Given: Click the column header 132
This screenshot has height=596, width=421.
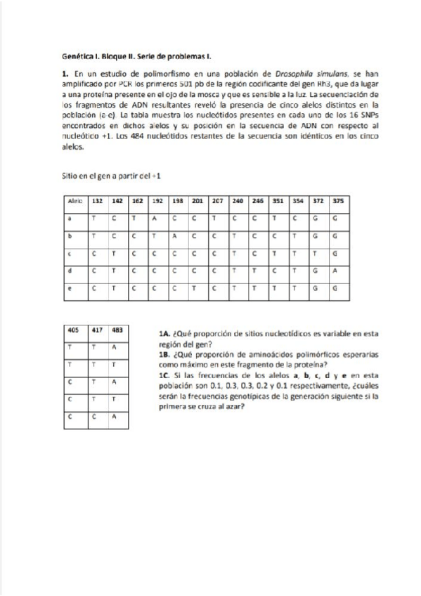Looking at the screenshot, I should [x=97, y=200].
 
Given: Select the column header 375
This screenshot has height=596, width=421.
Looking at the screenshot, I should [x=338, y=200].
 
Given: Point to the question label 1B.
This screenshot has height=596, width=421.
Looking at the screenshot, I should [x=165, y=355].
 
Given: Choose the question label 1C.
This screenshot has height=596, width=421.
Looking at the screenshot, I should [x=165, y=375].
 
